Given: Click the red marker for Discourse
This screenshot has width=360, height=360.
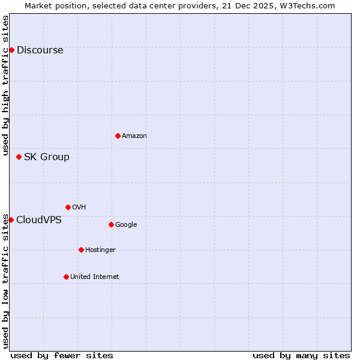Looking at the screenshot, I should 11,50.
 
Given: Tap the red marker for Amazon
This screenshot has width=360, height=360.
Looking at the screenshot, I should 118,136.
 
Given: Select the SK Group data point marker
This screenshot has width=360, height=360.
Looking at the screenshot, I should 19,157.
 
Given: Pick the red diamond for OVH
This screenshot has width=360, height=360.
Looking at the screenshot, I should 68,207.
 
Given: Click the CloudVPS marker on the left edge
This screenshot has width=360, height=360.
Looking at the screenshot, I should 11,220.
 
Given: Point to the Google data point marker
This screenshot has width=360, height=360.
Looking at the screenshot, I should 111,224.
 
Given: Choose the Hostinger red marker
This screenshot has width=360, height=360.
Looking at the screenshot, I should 81,250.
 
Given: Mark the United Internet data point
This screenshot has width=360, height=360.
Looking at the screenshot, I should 66,277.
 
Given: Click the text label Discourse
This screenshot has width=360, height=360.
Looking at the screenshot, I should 40,50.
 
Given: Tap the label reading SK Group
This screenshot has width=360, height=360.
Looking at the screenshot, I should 46,157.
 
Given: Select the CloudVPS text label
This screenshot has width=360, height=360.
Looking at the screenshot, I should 38,220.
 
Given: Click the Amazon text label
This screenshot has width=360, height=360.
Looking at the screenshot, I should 134,136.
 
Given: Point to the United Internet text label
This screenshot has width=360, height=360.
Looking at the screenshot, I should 94,277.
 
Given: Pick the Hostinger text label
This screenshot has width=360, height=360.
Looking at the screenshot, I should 100,250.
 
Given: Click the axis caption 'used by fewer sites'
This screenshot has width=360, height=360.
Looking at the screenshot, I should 62,355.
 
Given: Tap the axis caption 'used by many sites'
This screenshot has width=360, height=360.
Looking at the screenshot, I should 301,355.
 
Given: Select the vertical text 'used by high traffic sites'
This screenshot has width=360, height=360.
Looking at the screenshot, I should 5,85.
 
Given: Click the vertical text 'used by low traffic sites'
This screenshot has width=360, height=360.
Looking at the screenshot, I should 5,281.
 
